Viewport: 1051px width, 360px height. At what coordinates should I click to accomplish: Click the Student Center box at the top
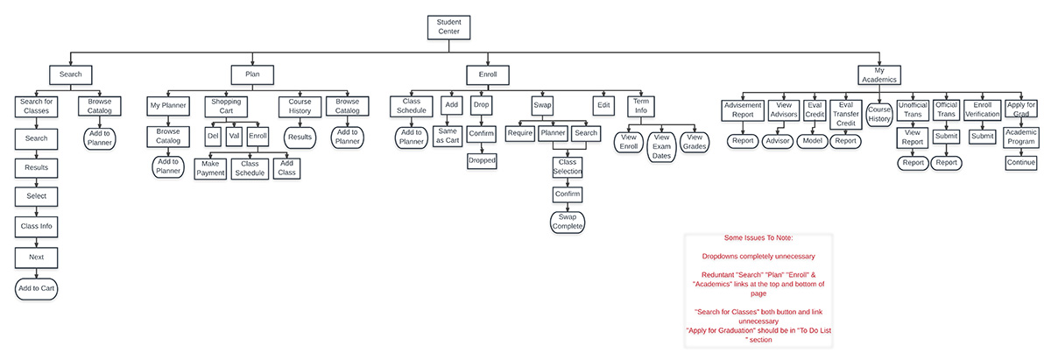(x=449, y=26)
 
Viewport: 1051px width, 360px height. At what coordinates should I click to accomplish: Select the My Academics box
(x=879, y=74)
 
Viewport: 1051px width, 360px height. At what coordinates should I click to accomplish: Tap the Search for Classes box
(x=36, y=106)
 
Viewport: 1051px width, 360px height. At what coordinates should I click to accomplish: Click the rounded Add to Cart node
(x=36, y=287)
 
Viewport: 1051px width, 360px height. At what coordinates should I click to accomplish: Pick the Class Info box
(x=36, y=227)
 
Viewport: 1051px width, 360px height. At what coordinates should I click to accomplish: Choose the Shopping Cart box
(x=226, y=106)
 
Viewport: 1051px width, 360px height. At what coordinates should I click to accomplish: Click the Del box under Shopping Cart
(x=212, y=137)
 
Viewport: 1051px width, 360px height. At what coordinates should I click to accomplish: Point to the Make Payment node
(x=210, y=168)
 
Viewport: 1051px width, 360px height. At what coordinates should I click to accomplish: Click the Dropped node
(x=482, y=161)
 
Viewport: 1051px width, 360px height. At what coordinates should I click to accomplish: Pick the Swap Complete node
(x=567, y=222)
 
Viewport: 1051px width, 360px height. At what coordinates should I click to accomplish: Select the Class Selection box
(x=567, y=166)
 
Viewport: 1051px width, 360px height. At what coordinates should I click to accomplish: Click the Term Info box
(x=641, y=106)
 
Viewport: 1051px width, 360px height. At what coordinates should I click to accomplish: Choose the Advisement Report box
(x=743, y=109)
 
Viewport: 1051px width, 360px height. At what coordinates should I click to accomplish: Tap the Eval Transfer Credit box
(x=845, y=112)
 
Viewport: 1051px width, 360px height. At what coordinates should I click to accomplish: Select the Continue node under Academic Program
(x=1021, y=163)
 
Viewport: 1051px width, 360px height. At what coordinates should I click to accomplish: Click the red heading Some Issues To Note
(x=758, y=237)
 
